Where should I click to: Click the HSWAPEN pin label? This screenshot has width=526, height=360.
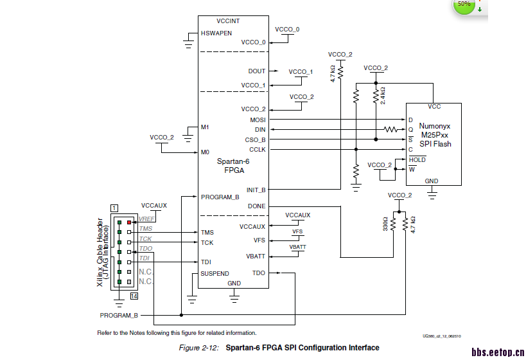point(216,33)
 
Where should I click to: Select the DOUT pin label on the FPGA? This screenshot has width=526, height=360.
point(256,71)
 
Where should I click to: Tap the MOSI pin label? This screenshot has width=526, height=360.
point(257,120)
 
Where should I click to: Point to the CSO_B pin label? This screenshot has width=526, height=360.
point(256,139)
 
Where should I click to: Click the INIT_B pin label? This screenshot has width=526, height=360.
point(256,190)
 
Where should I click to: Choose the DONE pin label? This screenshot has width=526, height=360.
point(256,206)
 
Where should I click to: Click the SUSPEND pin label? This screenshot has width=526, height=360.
point(215,273)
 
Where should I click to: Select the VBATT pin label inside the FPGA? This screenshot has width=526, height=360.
point(255,256)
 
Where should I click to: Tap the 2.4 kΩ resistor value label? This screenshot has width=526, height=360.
point(383,95)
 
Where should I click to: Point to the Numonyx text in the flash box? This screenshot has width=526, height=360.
point(435,126)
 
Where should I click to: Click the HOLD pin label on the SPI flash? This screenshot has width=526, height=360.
point(417,159)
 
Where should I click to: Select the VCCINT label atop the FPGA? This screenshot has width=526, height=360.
point(228,21)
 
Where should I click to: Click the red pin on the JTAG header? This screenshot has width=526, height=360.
point(129,222)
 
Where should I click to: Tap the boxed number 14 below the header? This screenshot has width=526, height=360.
point(134,296)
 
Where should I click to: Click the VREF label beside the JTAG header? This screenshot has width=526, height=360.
point(146,219)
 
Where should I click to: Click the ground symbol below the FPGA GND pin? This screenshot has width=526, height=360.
point(234,296)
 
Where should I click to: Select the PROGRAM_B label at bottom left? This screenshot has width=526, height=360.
point(119,315)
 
